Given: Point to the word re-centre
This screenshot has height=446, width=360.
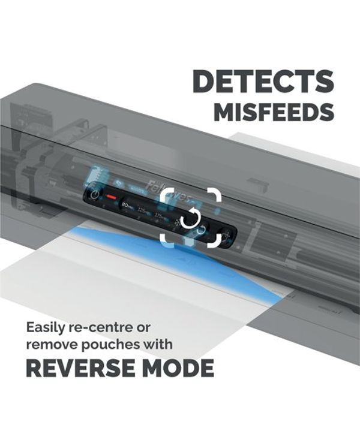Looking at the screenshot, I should pos(106,328).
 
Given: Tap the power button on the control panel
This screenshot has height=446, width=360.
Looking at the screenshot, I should pos(95,194).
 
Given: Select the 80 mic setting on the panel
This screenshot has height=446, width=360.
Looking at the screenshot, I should pos(127,205).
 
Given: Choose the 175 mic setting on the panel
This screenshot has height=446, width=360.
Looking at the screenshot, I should pos(161,215).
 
